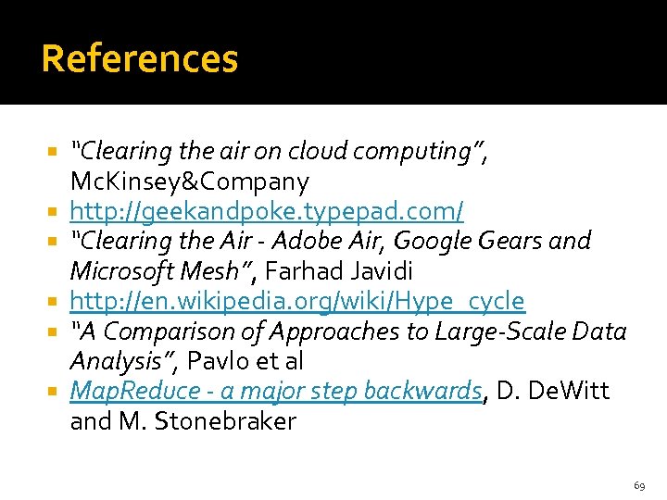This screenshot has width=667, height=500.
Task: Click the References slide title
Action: pyautogui.click(x=140, y=59)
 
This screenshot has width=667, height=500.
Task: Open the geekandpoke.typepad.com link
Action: pyautogui.click(x=267, y=211)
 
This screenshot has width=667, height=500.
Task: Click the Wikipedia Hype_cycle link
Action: pyautogui.click(x=297, y=302)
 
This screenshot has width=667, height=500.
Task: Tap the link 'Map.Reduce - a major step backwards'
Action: pyautogui.click(x=276, y=392)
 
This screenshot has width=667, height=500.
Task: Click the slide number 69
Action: pyautogui.click(x=639, y=485)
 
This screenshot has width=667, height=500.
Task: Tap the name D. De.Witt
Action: pyautogui.click(x=553, y=392)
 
